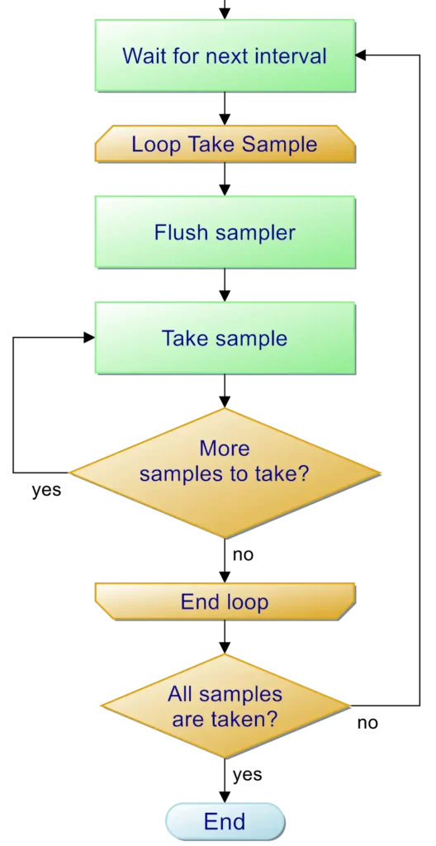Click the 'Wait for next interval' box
coord(225,55)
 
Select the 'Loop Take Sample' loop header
coord(225,144)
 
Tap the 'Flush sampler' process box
coord(225,232)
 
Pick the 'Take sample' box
coord(225,338)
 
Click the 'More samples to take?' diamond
coord(225,473)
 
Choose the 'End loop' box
coord(225,601)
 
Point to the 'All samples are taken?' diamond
coord(225,706)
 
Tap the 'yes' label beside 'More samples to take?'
coord(46,491)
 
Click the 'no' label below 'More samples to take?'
coord(243,554)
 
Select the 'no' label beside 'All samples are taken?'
coord(367,723)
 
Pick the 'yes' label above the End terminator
coord(248,775)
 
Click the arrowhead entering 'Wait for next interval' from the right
coord(361,55)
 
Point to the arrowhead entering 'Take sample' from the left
coord(89,338)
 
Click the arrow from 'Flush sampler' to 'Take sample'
coord(225,285)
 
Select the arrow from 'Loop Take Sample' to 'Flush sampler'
coord(225,179)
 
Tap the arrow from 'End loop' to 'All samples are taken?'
coord(225,637)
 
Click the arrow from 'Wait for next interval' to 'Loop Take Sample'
coord(225,108)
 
